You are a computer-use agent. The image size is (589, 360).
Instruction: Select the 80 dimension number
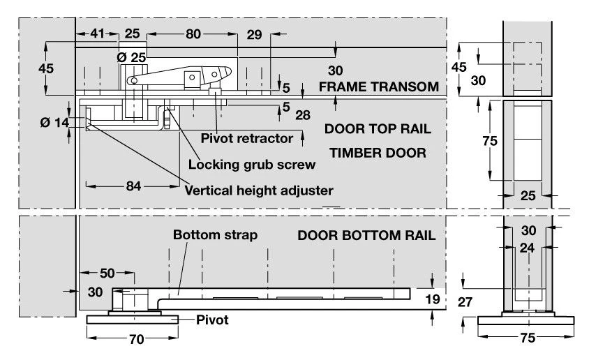pyautogui.click(x=193, y=33)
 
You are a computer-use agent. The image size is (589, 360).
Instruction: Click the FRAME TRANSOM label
pyautogui.click(x=378, y=88)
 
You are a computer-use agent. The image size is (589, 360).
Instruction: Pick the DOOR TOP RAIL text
pyautogui.click(x=377, y=130)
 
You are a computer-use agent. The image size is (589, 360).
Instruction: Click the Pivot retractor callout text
pyautogui.click(x=246, y=138)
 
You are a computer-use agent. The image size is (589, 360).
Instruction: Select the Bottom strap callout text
pyautogui.click(x=216, y=235)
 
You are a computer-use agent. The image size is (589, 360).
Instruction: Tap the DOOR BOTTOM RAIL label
pyautogui.click(x=366, y=236)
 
